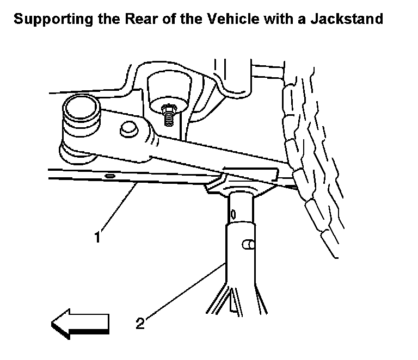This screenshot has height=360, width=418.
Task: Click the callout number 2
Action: point(140,324)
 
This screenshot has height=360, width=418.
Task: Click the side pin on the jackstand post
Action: point(249,245)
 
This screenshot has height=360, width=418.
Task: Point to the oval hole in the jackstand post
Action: point(232,213)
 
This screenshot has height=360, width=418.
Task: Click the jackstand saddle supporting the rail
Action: point(239,188)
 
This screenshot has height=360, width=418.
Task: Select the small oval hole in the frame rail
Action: point(109,176)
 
